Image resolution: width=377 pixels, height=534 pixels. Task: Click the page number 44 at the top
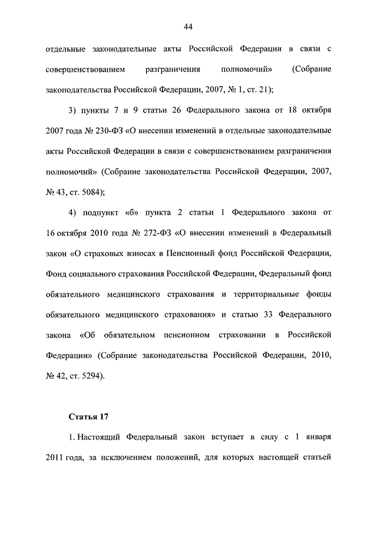[x=188, y=27]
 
